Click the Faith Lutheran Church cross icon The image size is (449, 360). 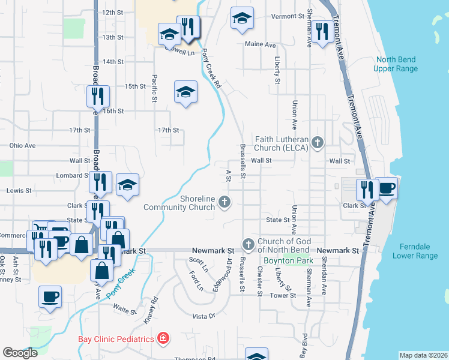click(x=318, y=142)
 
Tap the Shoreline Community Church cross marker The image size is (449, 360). click(x=224, y=202)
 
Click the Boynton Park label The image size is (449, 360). click(x=279, y=260)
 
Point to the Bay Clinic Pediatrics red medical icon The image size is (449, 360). click(x=162, y=338)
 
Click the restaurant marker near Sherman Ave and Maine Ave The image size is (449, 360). click(x=323, y=33)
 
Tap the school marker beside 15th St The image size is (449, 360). click(x=185, y=92)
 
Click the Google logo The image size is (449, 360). click(x=20, y=353)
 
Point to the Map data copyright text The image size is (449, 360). click(x=423, y=355)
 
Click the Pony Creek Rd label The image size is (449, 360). click(x=211, y=70)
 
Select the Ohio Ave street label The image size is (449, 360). click(x=23, y=145)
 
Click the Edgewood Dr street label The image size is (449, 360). click(x=229, y=269)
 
